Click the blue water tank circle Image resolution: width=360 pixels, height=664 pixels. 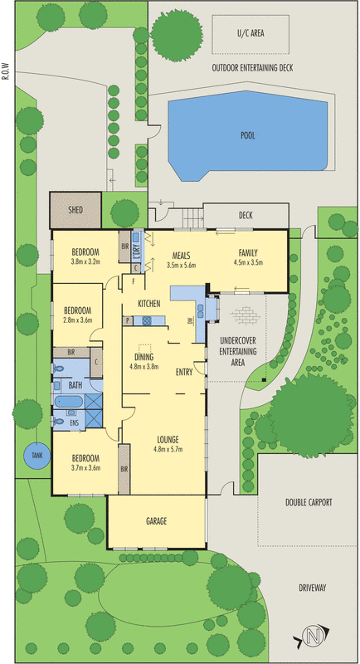(x=36, y=455)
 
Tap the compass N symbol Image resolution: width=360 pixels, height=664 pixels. (x=313, y=635)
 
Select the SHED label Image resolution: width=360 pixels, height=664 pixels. (x=75, y=210)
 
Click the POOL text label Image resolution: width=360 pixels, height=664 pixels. (x=248, y=136)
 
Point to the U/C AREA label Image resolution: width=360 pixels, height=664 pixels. (x=251, y=33)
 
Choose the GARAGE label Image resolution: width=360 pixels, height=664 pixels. (x=157, y=521)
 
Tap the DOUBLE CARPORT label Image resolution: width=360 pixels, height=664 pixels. (x=309, y=502)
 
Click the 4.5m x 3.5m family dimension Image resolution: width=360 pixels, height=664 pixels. (x=249, y=262)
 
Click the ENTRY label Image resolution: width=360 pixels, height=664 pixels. (x=184, y=372)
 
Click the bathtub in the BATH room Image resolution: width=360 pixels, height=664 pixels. (x=70, y=402)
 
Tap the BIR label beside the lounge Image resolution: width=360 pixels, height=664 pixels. (x=124, y=469)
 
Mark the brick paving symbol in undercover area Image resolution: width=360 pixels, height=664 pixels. (x=245, y=315)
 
